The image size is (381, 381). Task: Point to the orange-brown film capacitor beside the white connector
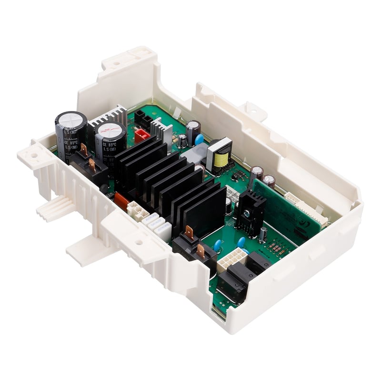(x=121, y=201)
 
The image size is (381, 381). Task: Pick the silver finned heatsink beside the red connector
(x=161, y=130)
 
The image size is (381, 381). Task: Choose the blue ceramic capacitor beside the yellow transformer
(x=199, y=139)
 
